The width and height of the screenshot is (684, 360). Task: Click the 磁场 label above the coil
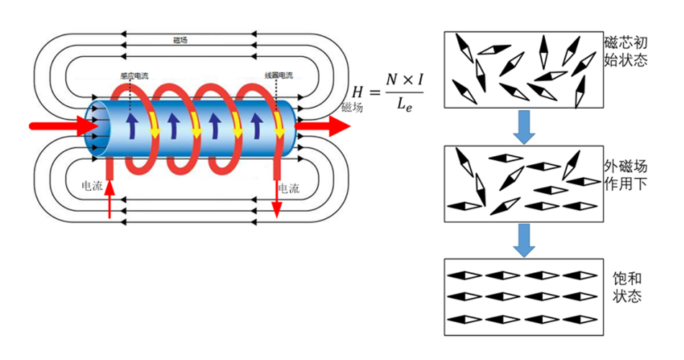pos(181,41)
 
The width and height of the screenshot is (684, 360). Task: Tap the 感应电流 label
pos(134,76)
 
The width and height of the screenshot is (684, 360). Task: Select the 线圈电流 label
pos(278,76)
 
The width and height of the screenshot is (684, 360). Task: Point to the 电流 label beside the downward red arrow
pos(289,189)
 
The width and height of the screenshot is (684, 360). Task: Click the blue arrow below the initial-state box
pos(525,126)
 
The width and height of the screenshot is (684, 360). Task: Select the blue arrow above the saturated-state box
pos(525,239)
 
